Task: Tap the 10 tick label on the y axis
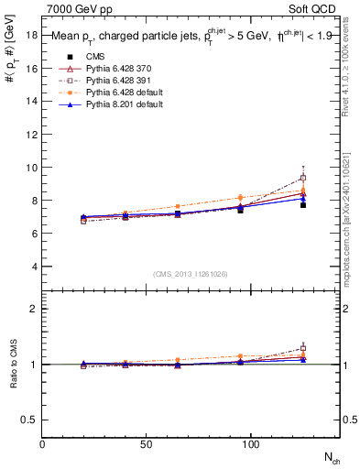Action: [x=32, y=168]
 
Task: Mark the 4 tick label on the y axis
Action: [x=35, y=267]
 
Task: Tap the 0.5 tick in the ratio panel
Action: [x=29, y=420]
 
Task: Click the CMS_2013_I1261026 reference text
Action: [x=191, y=274]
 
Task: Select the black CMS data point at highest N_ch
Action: [x=302, y=205]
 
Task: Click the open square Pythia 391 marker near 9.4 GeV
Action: [x=302, y=178]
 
